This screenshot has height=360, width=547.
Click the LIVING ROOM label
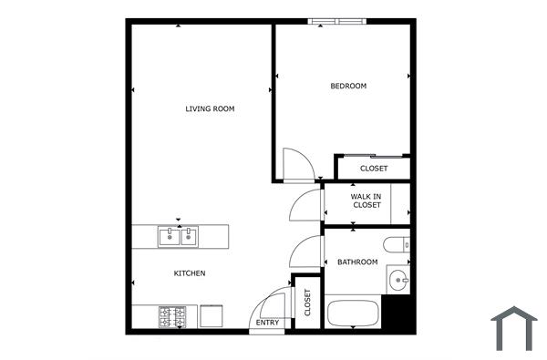click(x=210, y=109)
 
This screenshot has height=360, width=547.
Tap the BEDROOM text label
click(x=348, y=87)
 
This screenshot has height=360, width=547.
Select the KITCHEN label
click(x=190, y=273)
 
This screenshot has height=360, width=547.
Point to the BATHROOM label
click(x=357, y=262)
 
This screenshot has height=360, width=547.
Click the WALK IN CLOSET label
click(x=366, y=201)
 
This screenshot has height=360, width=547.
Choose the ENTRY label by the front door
click(x=268, y=323)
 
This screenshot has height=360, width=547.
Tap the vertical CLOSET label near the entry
click(x=307, y=302)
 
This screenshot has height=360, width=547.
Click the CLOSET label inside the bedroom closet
click(x=373, y=169)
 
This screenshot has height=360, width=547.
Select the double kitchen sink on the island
click(x=178, y=238)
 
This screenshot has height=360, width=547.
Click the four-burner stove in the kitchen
click(x=172, y=316)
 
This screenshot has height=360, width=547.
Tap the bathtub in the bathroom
click(x=353, y=314)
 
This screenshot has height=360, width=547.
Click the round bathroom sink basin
click(x=397, y=279)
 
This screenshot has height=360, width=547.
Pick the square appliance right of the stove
click(x=212, y=315)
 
